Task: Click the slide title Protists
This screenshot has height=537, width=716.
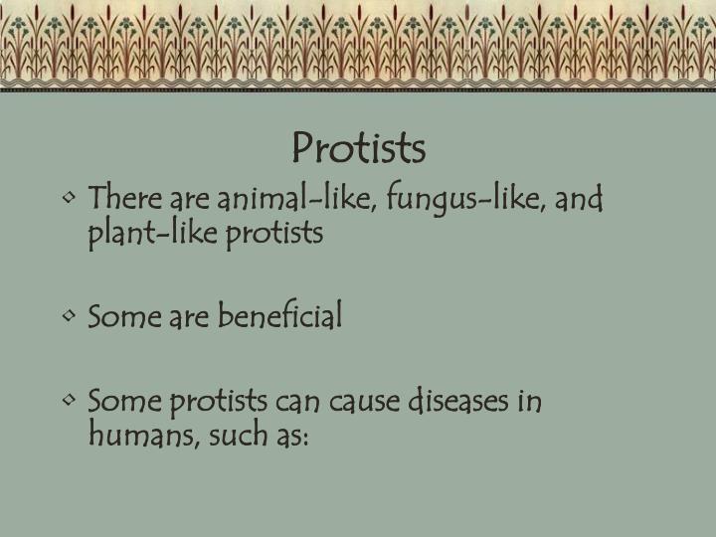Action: [359, 148]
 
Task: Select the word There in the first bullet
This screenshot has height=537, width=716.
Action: [119, 200]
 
